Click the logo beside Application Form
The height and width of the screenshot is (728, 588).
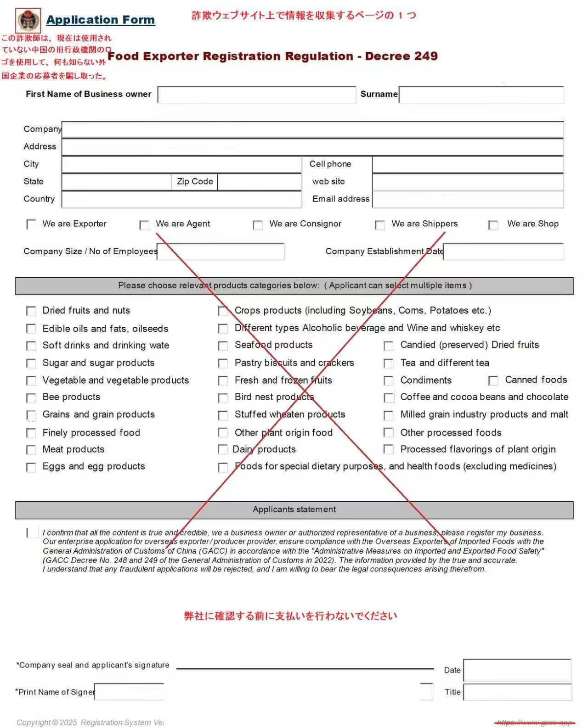(x=28, y=20)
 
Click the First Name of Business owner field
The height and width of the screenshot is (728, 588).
(x=256, y=95)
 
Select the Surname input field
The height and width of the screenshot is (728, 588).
(x=481, y=95)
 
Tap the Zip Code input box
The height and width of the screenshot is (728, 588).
(x=259, y=182)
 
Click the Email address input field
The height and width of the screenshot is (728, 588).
(x=468, y=199)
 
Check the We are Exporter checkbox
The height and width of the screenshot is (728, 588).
(x=31, y=224)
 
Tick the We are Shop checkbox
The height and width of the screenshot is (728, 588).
(x=493, y=225)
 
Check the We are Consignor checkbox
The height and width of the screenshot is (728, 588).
(x=258, y=225)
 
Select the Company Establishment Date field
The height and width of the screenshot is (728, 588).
(x=503, y=252)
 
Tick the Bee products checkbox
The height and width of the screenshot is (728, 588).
(x=31, y=398)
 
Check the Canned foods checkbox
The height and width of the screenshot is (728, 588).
(x=493, y=381)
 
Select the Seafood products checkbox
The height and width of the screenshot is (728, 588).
(x=223, y=346)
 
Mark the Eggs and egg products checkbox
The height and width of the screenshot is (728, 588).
(x=31, y=467)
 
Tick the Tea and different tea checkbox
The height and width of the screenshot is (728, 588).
(x=389, y=364)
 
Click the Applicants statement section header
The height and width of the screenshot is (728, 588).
(x=294, y=510)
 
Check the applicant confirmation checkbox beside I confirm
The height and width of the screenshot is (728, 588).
(x=32, y=532)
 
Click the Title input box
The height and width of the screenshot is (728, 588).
(x=517, y=692)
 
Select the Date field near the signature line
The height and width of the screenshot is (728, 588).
(x=517, y=670)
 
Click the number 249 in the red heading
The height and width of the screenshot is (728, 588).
(x=425, y=56)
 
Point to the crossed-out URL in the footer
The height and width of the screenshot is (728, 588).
(x=535, y=722)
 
